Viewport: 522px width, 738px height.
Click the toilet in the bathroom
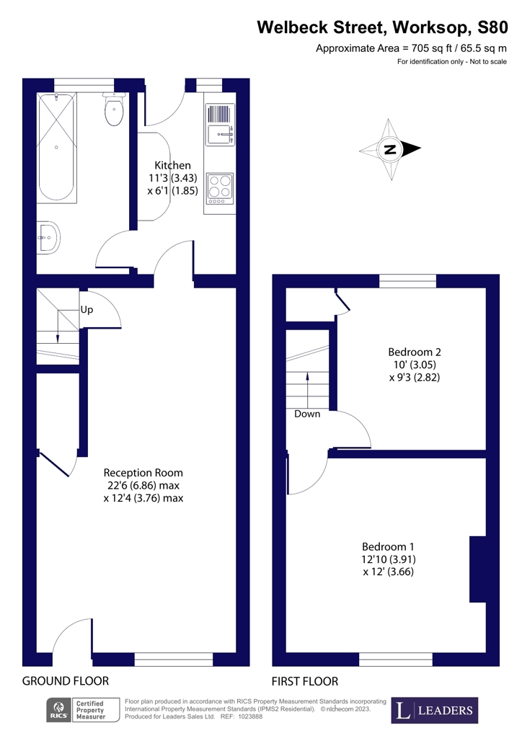pyautogui.click(x=114, y=110)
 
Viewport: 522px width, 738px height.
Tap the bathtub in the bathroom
pyautogui.click(x=56, y=147)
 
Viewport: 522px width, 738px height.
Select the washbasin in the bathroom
pyautogui.click(x=48, y=237)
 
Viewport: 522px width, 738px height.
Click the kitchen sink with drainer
pyautogui.click(x=220, y=125)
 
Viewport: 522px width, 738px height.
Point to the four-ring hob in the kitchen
pyautogui.click(x=220, y=189)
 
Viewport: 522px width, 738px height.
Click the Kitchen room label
pyautogui.click(x=173, y=165)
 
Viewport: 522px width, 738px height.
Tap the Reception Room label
pyautogui.click(x=143, y=473)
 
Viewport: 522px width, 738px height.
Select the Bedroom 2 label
pyautogui.click(x=414, y=352)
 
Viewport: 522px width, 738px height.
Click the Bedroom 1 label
pyautogui.click(x=388, y=546)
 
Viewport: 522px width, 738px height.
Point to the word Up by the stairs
pyautogui.click(x=87, y=310)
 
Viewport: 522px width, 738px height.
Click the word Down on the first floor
pyautogui.click(x=307, y=414)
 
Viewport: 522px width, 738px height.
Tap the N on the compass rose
pyautogui.click(x=390, y=150)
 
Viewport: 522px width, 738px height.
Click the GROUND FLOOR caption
pyautogui.click(x=66, y=681)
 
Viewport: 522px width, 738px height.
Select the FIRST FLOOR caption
pyautogui.click(x=305, y=681)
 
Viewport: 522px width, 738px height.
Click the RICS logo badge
pyautogui.click(x=59, y=711)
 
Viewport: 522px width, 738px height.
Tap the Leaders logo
pyautogui.click(x=435, y=710)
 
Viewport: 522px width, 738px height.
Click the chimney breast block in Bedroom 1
pyautogui.click(x=477, y=569)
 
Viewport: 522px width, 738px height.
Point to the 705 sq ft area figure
pyautogui.click(x=431, y=48)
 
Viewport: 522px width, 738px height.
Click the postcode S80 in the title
pyautogui.click(x=492, y=27)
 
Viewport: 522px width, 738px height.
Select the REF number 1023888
pyautogui.click(x=249, y=716)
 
